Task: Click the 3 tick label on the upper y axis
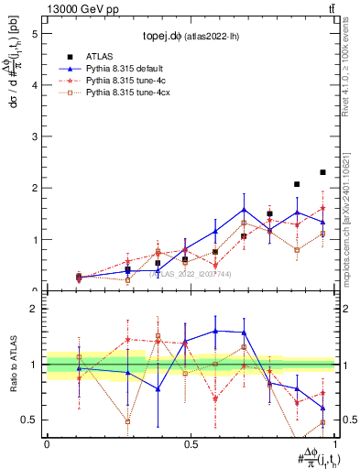[x=37, y=137]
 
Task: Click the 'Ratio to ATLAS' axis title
[x=14, y=365]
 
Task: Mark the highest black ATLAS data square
[x=322, y=172]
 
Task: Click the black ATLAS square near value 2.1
[x=297, y=184]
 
